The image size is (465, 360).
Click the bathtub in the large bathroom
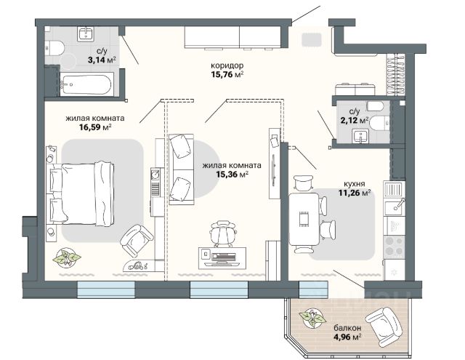tap(86, 84)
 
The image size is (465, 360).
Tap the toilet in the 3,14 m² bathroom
tap(54, 48)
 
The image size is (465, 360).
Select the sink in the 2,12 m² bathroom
tap(360, 136)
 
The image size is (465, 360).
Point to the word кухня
tap(355, 183)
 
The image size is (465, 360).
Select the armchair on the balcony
tap(384, 327)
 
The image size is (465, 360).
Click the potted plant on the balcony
tap(312, 318)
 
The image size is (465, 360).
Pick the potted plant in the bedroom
tap(67, 257)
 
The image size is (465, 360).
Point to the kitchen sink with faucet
tap(394, 207)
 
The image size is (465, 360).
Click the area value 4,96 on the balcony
tap(341, 337)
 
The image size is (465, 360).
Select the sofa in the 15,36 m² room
tap(182, 169)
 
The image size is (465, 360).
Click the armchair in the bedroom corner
tap(137, 240)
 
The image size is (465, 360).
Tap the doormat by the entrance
tap(312, 40)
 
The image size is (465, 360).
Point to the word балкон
tap(347, 328)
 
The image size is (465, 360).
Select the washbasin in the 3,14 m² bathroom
tap(86, 32)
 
